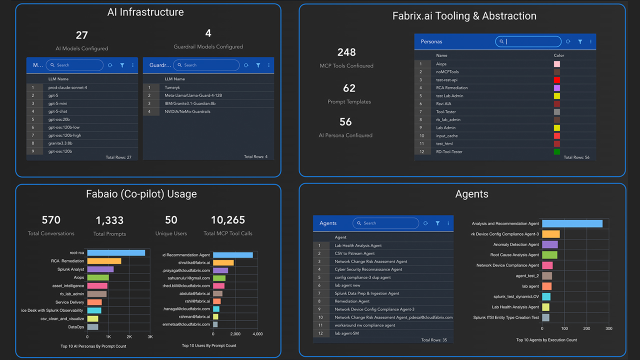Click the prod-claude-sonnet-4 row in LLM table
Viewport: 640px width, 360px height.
tap(67, 87)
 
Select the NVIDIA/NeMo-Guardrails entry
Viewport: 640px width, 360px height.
tap(187, 111)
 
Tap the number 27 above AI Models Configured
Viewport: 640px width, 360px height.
tap(81, 35)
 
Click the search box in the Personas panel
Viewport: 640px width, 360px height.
tap(530, 42)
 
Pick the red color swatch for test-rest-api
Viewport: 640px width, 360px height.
tap(557, 80)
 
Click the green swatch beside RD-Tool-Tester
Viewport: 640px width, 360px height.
tap(557, 152)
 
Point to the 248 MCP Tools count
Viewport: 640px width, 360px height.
tap(346, 52)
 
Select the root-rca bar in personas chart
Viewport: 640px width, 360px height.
tap(116, 253)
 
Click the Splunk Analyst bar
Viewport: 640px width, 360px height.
tap(100, 269)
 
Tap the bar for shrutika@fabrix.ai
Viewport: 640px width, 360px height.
tap(223, 263)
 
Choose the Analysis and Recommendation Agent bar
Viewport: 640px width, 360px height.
tap(572, 224)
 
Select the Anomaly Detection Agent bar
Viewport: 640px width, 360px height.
tap(549, 244)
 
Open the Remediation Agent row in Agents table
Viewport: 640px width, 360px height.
tap(352, 301)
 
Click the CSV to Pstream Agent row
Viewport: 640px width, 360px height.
tap(354, 253)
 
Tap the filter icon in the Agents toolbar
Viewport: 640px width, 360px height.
tap(437, 223)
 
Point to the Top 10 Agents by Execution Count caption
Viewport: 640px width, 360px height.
tap(546, 340)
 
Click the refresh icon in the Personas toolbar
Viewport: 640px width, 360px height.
tap(568, 42)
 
